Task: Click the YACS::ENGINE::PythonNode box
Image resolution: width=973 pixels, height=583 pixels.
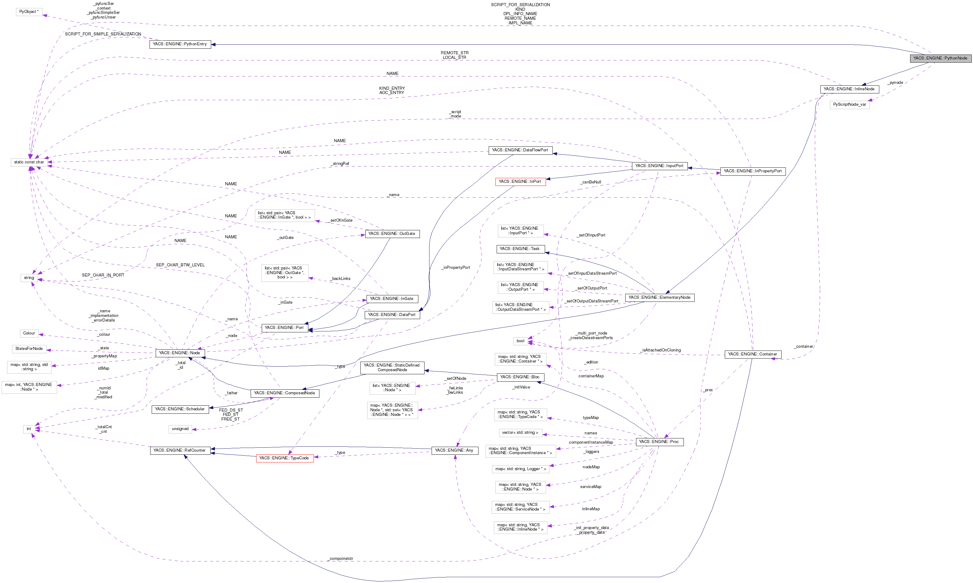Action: click(940, 58)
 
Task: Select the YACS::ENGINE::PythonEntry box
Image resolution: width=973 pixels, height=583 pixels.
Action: click(180, 44)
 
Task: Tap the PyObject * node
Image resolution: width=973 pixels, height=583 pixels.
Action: click(29, 12)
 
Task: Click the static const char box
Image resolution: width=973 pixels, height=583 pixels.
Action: click(29, 162)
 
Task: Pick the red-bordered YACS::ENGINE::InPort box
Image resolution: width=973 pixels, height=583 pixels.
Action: click(520, 182)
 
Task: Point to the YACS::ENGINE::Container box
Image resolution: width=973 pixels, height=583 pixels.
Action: click(752, 354)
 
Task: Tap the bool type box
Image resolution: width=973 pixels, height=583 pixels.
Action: click(520, 341)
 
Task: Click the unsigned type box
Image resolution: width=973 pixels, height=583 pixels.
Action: click(180, 429)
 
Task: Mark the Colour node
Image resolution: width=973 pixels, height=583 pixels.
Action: click(29, 333)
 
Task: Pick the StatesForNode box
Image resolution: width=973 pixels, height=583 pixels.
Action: click(29, 348)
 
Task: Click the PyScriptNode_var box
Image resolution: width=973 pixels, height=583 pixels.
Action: click(849, 105)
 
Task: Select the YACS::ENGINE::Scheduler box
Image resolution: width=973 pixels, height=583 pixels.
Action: click(179, 409)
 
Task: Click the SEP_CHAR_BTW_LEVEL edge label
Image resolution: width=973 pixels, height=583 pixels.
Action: click(180, 265)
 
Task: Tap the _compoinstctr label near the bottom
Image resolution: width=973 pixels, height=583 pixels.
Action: click(341, 558)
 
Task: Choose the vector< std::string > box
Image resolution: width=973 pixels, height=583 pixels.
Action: click(520, 433)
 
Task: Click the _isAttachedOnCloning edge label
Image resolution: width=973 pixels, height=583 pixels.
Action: click(661, 350)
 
